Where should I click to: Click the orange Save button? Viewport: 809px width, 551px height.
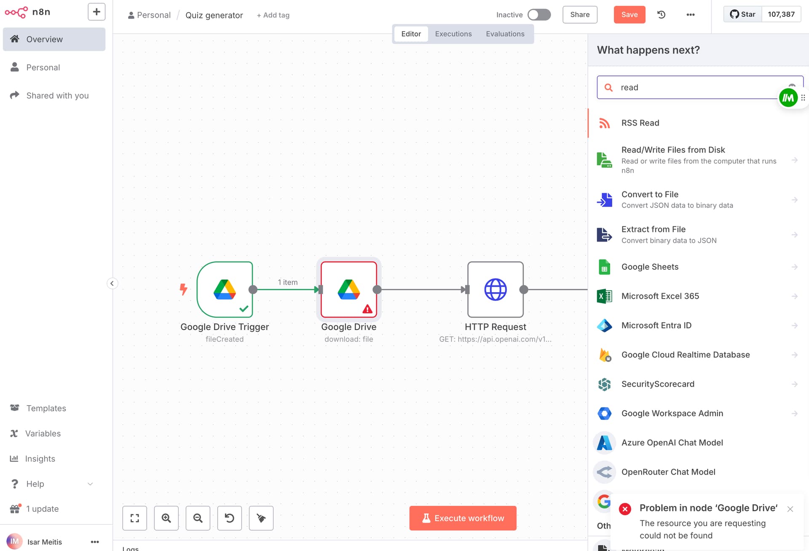point(629,15)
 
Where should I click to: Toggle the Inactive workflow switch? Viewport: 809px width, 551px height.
point(539,15)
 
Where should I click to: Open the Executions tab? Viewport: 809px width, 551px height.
point(453,34)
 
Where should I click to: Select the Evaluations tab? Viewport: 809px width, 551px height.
point(505,34)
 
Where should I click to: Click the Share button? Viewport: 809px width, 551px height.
point(580,15)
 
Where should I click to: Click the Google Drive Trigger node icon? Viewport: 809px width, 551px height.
point(225,289)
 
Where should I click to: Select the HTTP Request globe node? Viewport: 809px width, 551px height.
point(495,289)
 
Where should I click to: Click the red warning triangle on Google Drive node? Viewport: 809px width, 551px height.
point(367,309)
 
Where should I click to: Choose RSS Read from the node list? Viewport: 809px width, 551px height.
point(640,123)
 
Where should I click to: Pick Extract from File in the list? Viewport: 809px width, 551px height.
point(653,229)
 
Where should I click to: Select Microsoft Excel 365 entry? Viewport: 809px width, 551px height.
point(660,296)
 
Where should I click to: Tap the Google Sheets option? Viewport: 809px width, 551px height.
point(650,267)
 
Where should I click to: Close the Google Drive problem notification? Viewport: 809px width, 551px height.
point(790,509)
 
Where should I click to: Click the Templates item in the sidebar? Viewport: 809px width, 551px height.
point(46,408)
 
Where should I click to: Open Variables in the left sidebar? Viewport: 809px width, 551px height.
point(43,433)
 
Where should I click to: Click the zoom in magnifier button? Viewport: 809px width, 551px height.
point(166,518)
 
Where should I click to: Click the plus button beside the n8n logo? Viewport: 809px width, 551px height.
point(96,12)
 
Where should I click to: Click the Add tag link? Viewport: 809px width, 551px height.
point(273,15)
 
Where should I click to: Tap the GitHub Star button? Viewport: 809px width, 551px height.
point(742,14)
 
